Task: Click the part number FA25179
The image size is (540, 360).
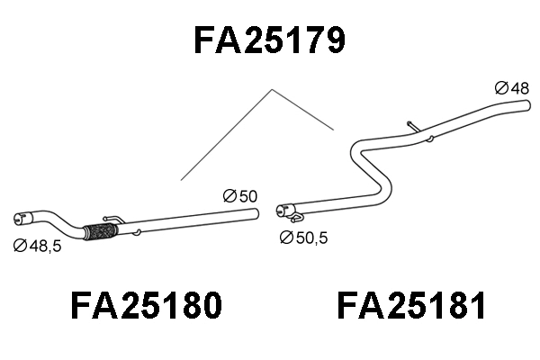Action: click(270, 40)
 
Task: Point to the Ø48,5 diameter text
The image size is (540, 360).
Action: click(37, 245)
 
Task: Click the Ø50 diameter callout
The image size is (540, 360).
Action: click(239, 195)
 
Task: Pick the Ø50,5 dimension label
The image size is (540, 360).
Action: click(304, 238)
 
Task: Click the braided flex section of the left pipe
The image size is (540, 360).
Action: click(96, 231)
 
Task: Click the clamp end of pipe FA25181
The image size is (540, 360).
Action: click(284, 211)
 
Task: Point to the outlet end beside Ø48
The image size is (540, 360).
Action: click(525, 106)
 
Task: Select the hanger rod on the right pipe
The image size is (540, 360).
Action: click(412, 126)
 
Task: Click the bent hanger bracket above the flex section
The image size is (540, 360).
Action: click(112, 217)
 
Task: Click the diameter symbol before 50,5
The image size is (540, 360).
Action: click(286, 238)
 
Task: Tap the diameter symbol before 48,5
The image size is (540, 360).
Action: click(19, 245)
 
